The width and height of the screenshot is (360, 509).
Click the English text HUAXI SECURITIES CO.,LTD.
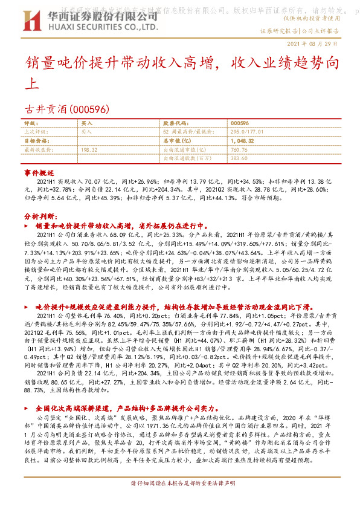pyautogui.click(x=104, y=27)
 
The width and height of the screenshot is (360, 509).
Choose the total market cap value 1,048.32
pyautogui.click(x=242, y=140)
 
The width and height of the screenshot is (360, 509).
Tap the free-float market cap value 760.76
pyautogui.click(x=239, y=149)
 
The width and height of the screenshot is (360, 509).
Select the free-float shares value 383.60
pyautogui.click(x=239, y=158)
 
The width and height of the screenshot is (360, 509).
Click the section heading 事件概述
pyautogui.click(x=39, y=173)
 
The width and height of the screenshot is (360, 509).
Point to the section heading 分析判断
pyautogui.click(x=41, y=215)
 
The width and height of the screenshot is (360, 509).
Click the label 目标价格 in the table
pyautogui.click(x=36, y=140)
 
